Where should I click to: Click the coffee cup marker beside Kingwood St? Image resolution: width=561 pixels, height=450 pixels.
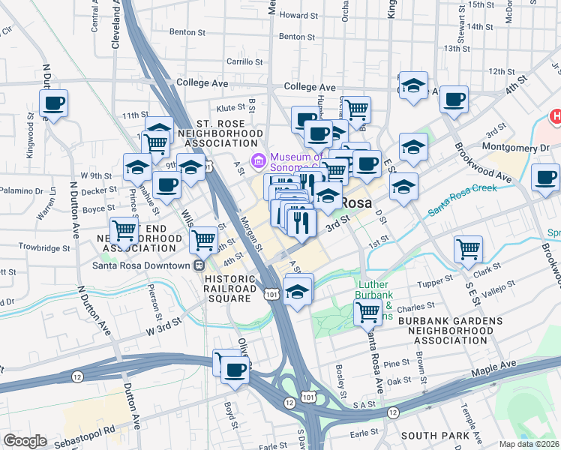click(53, 103)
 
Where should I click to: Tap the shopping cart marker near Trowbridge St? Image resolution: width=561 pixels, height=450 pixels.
click(123, 229)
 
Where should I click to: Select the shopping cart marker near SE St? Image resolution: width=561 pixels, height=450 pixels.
click(468, 249)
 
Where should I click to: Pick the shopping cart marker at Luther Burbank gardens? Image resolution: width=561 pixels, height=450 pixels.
click(367, 311)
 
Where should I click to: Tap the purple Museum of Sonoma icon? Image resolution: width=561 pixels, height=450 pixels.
click(259, 159)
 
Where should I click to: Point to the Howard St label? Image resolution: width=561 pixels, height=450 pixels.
click(294, 15)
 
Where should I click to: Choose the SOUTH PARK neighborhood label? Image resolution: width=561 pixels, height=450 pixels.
click(434, 435)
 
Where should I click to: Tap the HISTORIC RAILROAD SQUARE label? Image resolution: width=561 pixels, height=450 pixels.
click(228, 288)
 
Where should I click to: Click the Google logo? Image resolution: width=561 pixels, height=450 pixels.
click(25, 441)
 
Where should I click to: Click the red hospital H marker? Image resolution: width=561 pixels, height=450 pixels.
click(556, 116)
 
